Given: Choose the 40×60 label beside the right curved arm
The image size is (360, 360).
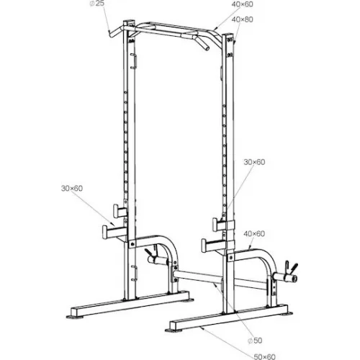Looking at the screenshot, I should (254, 234).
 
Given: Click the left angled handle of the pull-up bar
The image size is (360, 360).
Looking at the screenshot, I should (114, 33).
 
